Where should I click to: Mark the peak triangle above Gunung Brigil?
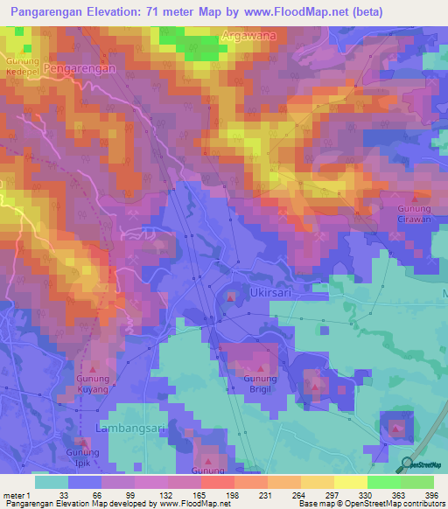click(x=260, y=366)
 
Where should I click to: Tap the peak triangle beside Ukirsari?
click(x=230, y=299)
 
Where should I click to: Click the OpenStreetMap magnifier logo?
click(x=407, y=464)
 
